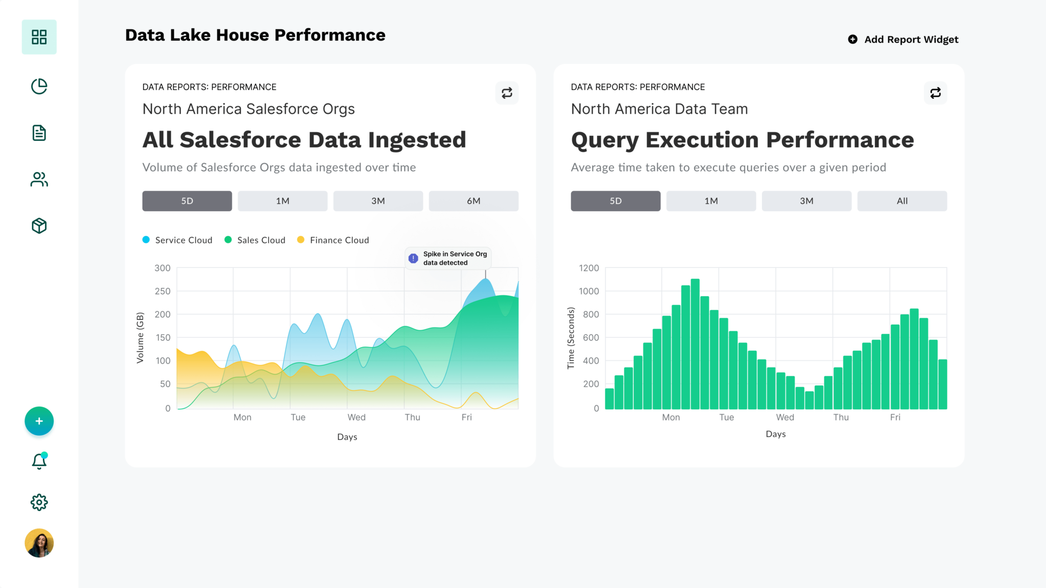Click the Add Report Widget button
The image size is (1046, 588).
pyautogui.click(x=903, y=39)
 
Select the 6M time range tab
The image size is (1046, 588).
pyautogui.click(x=473, y=201)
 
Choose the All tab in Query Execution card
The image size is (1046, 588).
pyautogui.click(x=901, y=201)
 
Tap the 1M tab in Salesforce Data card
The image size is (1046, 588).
pyautogui.click(x=282, y=201)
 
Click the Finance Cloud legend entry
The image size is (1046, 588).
pyautogui.click(x=339, y=240)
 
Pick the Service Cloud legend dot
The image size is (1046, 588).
pyautogui.click(x=146, y=240)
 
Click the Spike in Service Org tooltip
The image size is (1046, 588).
pyautogui.click(x=448, y=258)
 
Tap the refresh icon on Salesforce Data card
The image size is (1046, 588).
pyautogui.click(x=506, y=93)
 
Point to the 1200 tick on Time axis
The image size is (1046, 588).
pyautogui.click(x=588, y=268)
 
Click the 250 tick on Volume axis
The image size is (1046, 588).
pyautogui.click(x=162, y=291)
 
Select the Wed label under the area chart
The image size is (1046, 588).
pyautogui.click(x=356, y=417)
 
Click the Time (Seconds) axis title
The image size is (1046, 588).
pyautogui.click(x=570, y=338)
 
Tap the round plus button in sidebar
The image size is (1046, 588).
pyautogui.click(x=39, y=421)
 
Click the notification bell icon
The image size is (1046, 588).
pyautogui.click(x=39, y=461)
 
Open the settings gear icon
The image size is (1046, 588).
pyautogui.click(x=39, y=502)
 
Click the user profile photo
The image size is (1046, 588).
pyautogui.click(x=39, y=543)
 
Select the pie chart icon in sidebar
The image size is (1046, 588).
pyautogui.click(x=39, y=86)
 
